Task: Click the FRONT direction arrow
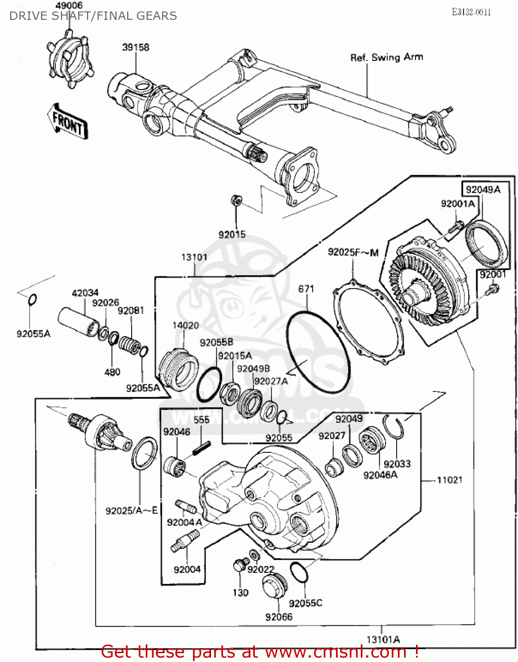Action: point(67,121)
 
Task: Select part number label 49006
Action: point(69,6)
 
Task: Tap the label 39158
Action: point(136,47)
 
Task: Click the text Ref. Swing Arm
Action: point(386,57)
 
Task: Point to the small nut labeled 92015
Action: point(236,201)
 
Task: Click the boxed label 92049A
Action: point(483,190)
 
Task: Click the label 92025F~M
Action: point(353,252)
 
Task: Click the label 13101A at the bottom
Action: point(383,639)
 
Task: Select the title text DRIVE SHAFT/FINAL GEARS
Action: point(93,16)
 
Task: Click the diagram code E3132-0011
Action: point(471,12)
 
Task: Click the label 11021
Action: point(449,480)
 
